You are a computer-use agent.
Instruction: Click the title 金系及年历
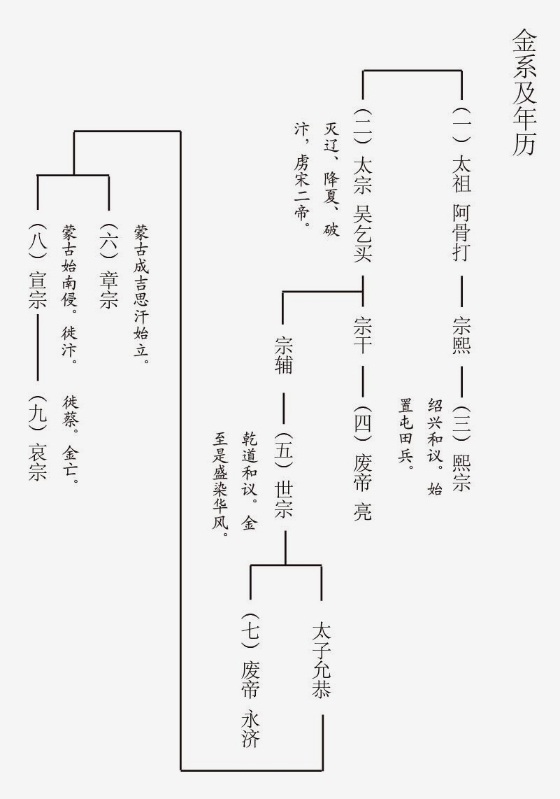(524, 92)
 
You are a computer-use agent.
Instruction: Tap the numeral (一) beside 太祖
(461, 125)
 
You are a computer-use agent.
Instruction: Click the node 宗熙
(461, 334)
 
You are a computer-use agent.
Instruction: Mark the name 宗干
(362, 334)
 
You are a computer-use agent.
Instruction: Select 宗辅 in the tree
(283, 354)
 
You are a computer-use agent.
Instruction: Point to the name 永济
(250, 728)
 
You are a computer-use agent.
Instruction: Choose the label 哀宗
(38, 460)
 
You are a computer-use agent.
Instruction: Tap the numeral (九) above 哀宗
(38, 413)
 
